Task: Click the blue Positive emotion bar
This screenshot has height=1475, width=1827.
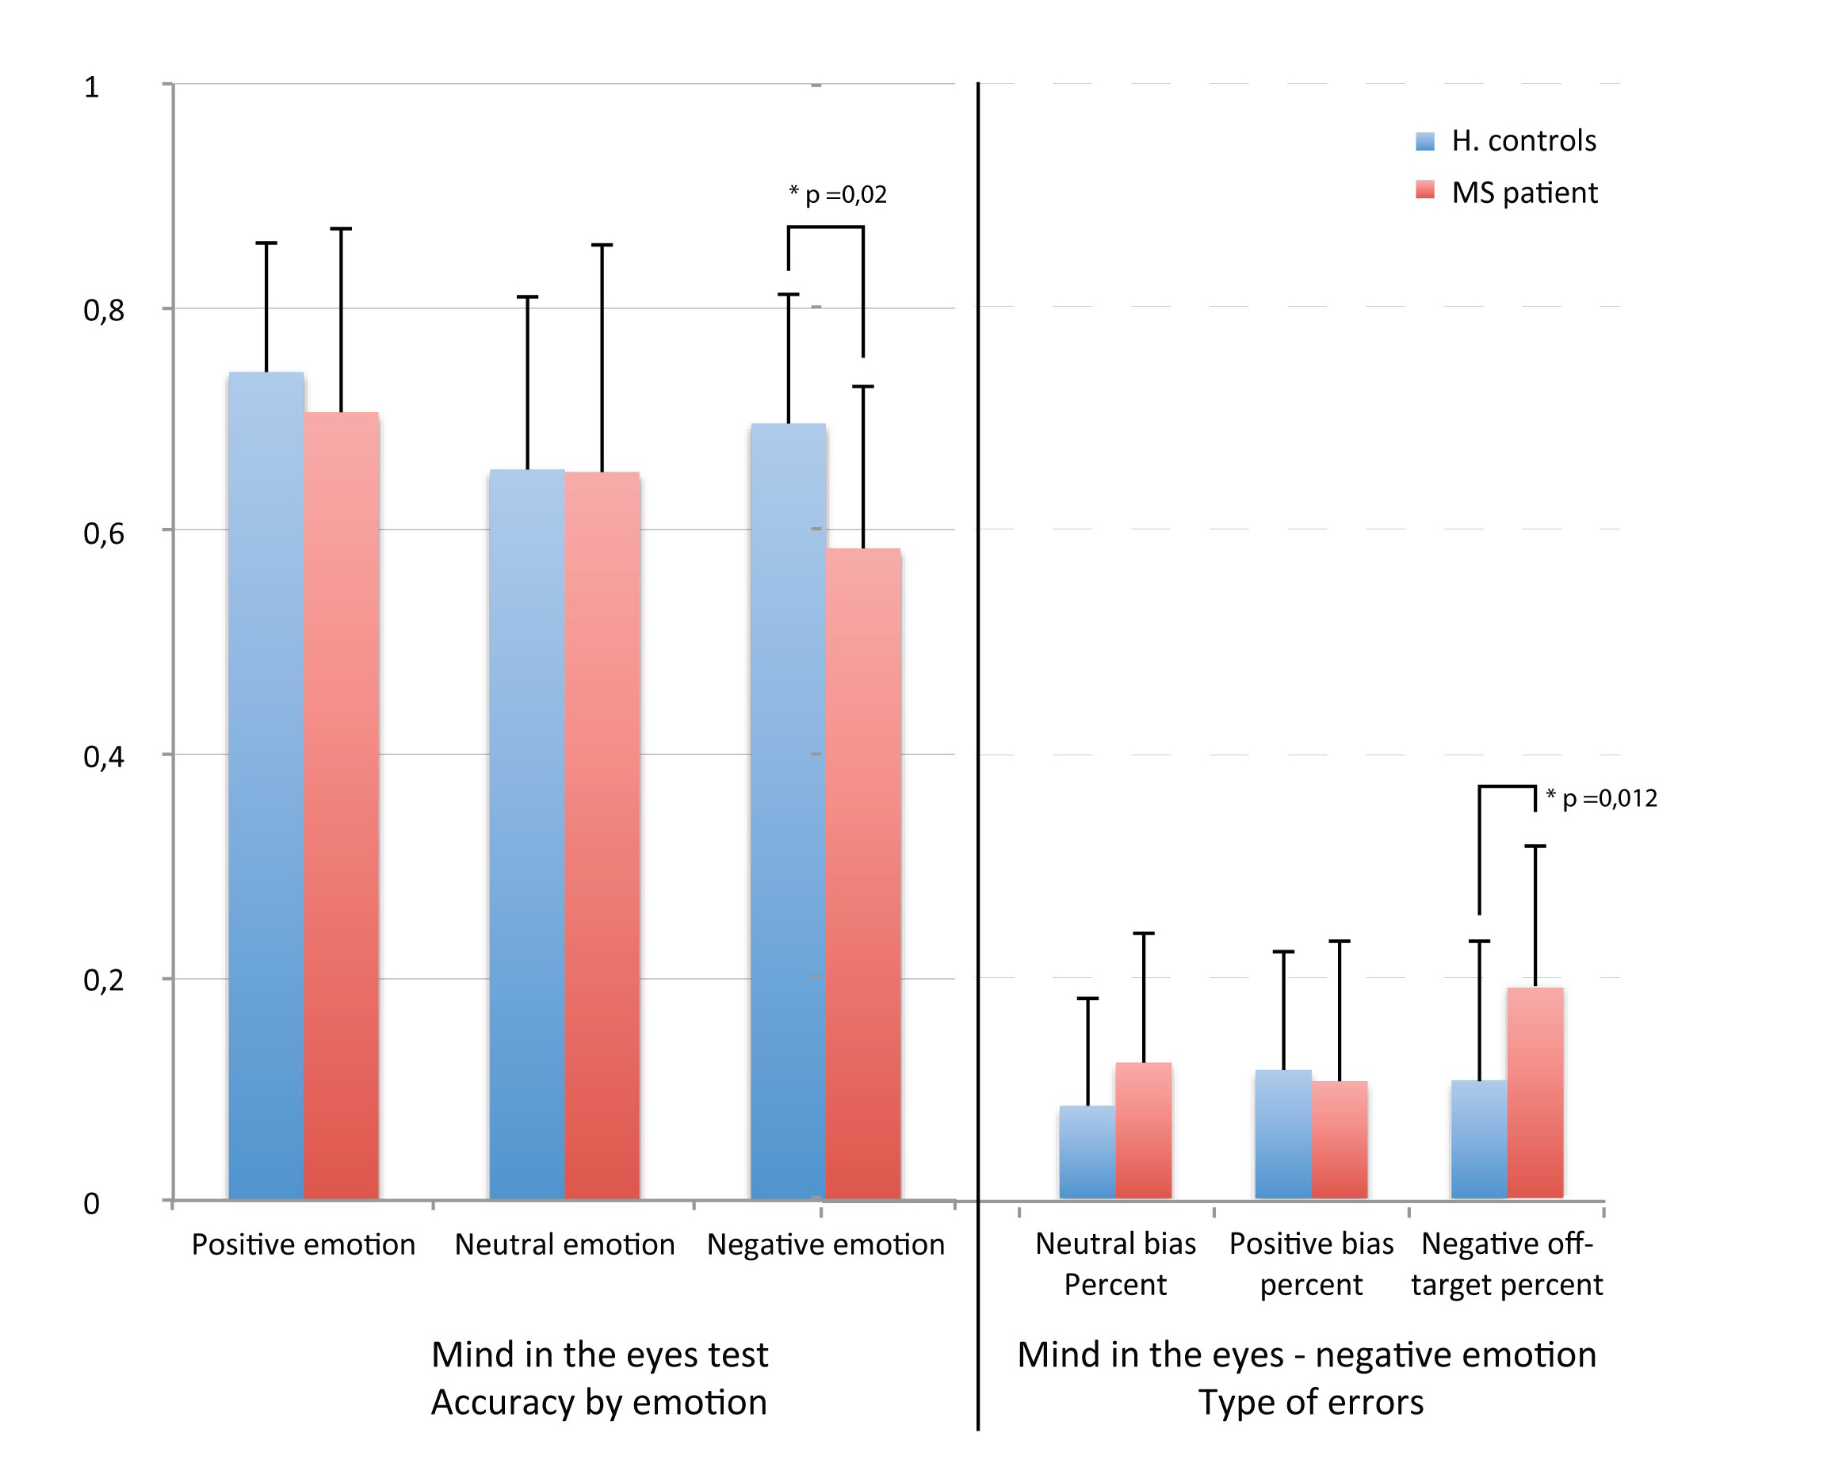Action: [266, 786]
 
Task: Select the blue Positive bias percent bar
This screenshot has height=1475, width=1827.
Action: [1282, 1134]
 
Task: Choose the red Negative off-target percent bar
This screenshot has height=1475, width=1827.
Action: [1535, 1093]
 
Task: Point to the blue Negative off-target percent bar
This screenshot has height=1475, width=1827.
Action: [1478, 1140]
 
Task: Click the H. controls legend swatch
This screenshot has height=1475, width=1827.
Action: [1425, 141]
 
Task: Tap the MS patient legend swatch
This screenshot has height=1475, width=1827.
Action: [1425, 190]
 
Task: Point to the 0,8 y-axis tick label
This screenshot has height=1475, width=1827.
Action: [104, 311]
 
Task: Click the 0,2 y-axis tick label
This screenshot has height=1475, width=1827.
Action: [104, 980]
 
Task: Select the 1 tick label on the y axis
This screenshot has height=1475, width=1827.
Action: [92, 87]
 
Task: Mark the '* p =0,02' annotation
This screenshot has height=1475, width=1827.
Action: [838, 194]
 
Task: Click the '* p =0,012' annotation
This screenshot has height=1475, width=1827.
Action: [1602, 798]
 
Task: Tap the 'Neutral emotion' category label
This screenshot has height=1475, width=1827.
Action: [564, 1244]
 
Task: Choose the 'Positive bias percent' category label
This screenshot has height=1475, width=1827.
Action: [1311, 1264]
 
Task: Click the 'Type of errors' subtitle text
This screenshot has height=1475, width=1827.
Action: [1310, 1403]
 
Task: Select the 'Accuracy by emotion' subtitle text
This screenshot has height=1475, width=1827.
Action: [599, 1403]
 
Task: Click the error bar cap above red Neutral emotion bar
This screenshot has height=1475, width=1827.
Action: [602, 246]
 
